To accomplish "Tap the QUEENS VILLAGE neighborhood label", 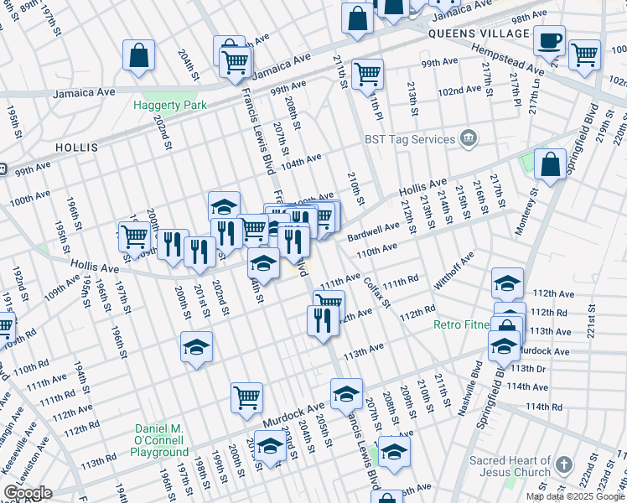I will (478, 34).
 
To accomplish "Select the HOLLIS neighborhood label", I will (77, 147).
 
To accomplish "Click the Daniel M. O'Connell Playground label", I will (159, 440).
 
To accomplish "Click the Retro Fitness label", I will (461, 324).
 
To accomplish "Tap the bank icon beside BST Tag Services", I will (468, 137).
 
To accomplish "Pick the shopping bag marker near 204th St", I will (139, 55).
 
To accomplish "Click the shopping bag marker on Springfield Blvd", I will (550, 166).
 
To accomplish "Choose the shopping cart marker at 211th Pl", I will (367, 74).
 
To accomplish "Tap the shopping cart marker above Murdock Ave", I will (246, 399).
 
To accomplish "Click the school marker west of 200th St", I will (196, 347).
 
